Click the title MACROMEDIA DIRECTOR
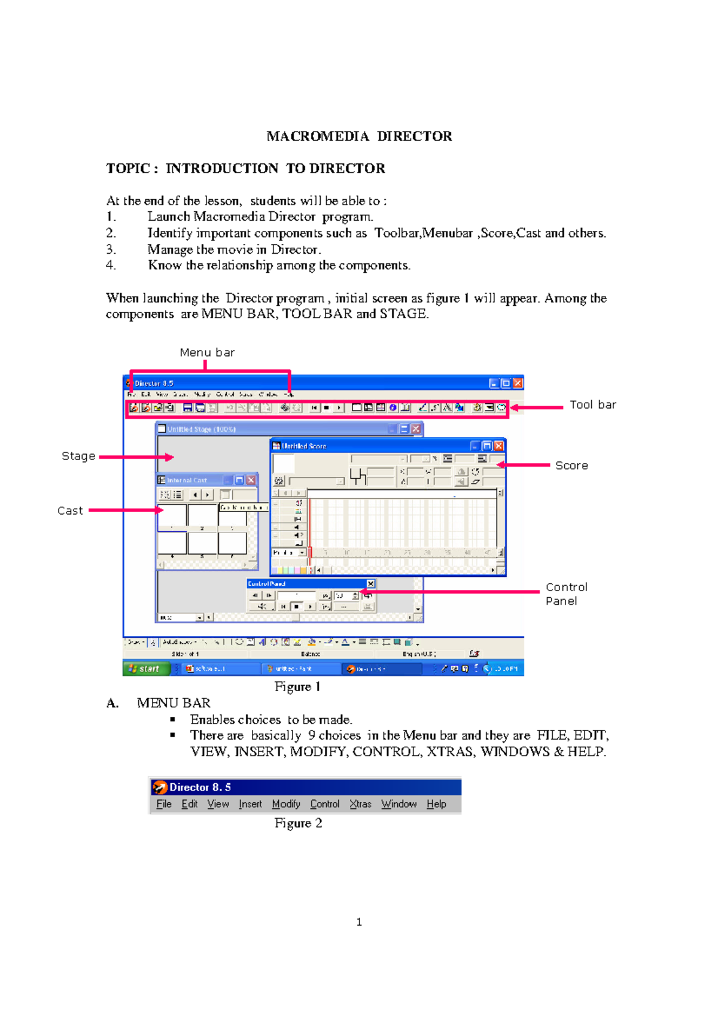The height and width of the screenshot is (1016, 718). point(359,136)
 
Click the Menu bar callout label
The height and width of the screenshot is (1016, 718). point(207,352)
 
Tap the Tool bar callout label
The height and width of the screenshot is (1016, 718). point(592,405)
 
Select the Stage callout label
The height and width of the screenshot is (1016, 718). point(78,456)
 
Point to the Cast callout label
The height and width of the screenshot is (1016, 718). point(70,510)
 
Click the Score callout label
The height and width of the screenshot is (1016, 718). point(571,466)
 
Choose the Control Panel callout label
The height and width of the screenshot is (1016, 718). point(565,594)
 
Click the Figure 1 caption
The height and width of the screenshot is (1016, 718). point(297,686)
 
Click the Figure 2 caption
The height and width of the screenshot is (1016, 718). point(298,823)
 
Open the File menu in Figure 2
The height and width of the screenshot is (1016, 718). point(164,804)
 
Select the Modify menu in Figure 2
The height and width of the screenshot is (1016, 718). point(286,804)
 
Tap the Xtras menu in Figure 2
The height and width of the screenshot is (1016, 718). point(360,804)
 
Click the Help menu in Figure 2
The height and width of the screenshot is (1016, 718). point(436,804)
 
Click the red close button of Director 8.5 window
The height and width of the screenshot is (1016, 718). point(518,383)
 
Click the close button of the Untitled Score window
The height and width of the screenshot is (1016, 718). point(499,446)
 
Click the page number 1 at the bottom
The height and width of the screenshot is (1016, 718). point(359,922)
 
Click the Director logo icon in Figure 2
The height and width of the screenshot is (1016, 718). point(160,787)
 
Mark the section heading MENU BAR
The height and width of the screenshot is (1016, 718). point(174,703)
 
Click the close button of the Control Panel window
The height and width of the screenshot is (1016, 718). point(371,583)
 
